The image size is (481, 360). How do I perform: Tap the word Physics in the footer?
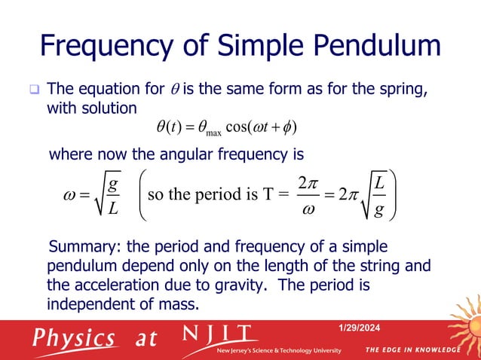pyautogui.click(x=72, y=337)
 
